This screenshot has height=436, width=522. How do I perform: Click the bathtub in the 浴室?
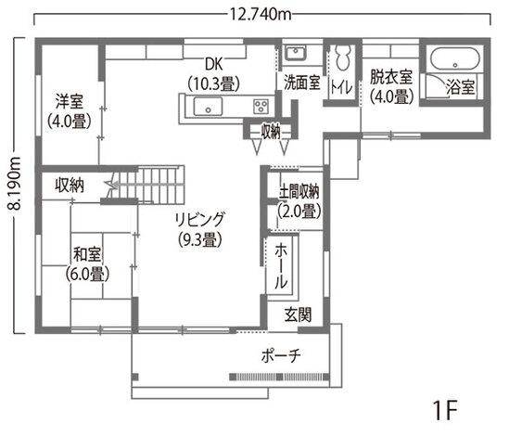pos(453,59)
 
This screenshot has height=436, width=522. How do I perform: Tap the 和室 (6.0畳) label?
pos(87,263)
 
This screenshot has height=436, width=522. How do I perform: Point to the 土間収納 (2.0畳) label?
pos(299,200)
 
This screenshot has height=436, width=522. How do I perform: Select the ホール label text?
pos(281,264)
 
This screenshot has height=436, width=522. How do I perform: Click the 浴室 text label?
pos(460,88)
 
